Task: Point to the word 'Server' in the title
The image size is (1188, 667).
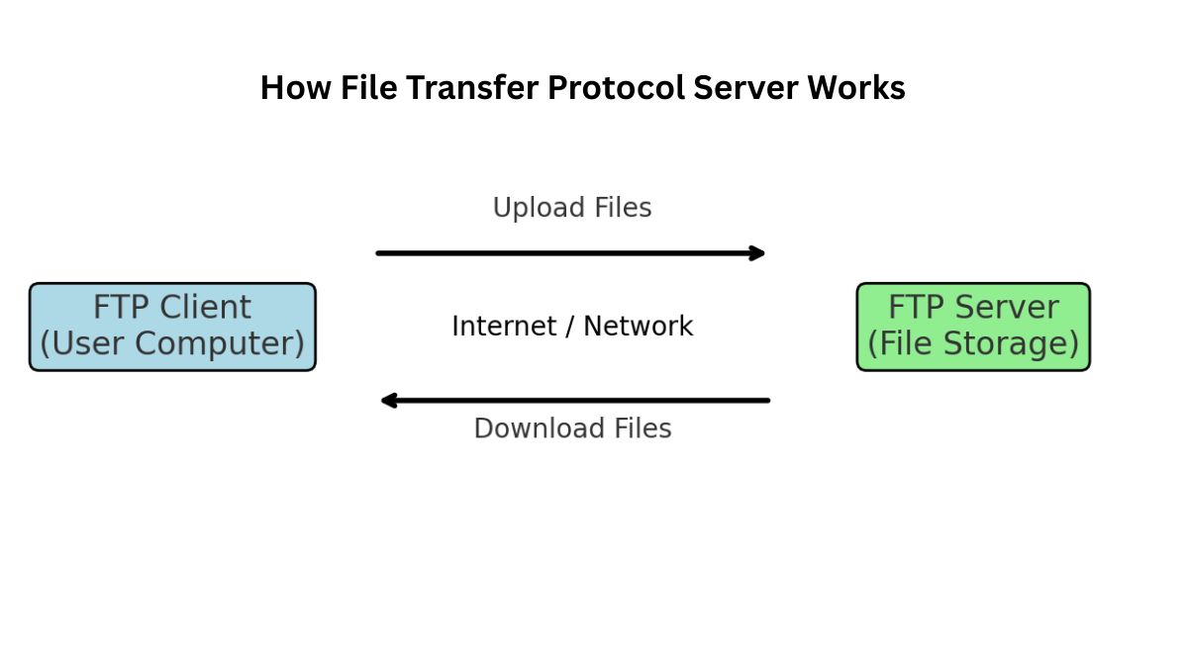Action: pos(745,88)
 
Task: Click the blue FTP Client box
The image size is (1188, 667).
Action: pos(172,327)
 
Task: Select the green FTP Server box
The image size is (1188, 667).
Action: pos(972,327)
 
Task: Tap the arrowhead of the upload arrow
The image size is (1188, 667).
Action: pos(757,253)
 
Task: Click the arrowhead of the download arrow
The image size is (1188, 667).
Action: pos(389,401)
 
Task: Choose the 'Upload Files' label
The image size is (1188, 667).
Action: pos(572,208)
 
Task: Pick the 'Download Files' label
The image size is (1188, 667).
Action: pos(572,429)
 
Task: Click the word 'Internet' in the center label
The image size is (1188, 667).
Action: pos(504,326)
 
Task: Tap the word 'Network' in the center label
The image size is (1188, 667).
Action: pos(639,326)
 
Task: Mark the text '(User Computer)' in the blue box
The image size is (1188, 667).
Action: pos(172,344)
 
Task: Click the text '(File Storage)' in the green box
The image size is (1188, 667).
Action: pos(972,344)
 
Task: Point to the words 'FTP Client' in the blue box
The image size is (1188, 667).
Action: pos(172,308)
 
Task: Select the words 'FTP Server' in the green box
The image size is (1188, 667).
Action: pos(972,308)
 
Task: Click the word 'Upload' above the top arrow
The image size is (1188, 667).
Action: pos(540,208)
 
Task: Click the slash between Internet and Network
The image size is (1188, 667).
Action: pos(570,326)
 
